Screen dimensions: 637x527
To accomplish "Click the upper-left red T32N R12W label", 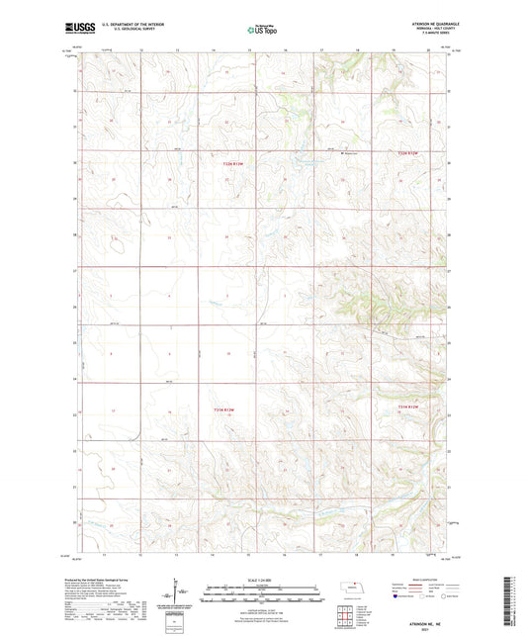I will point(231,164).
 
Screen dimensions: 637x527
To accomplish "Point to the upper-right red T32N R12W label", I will point(409,152).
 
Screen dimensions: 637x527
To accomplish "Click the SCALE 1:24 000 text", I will point(262,580).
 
